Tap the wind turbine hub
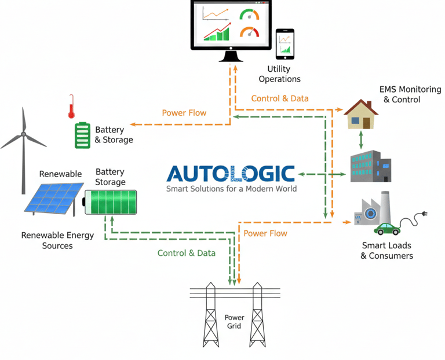point(23,135)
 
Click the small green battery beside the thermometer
point(82,135)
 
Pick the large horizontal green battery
point(111,201)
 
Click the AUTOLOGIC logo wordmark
point(231,174)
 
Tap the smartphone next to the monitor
point(284,44)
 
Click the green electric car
point(387,227)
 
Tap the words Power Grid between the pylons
point(235,322)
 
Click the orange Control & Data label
point(280,98)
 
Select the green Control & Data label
point(187,253)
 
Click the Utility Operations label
point(279,75)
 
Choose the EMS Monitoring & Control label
point(410,94)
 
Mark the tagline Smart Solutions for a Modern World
point(231,189)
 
